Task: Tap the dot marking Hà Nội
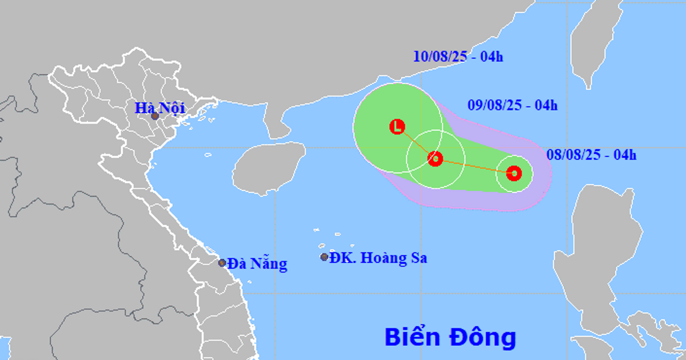(x=155, y=116)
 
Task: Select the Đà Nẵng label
(x=257, y=264)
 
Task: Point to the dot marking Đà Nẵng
(x=222, y=263)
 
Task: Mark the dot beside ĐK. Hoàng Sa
(x=324, y=257)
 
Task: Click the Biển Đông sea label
(x=450, y=337)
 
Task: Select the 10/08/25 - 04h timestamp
(x=458, y=57)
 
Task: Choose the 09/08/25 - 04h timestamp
(x=512, y=105)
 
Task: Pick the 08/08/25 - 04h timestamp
(x=591, y=154)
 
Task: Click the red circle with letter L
(x=397, y=127)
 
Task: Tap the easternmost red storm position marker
(x=514, y=173)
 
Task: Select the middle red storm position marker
(x=435, y=159)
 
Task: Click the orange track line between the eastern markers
(x=474, y=166)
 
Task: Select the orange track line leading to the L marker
(x=416, y=143)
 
